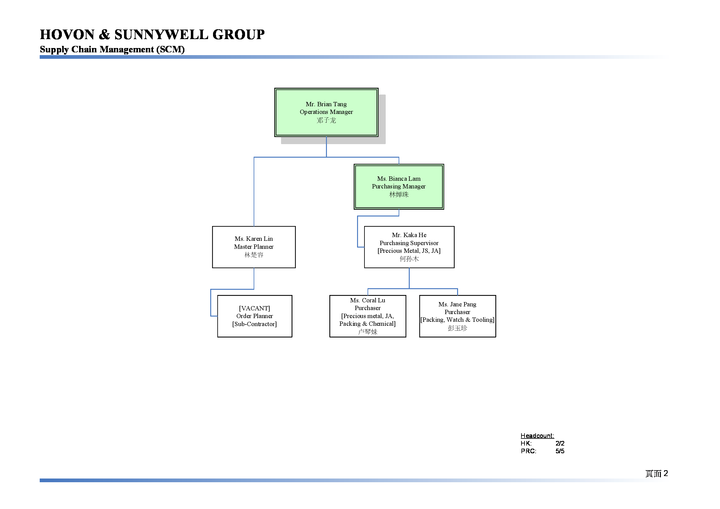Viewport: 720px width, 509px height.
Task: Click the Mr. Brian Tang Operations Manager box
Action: pos(326,112)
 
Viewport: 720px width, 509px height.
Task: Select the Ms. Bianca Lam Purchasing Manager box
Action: pos(399,187)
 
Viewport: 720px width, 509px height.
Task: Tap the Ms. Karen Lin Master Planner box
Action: pos(254,247)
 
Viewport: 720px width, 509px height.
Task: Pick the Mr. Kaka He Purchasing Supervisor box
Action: pos(409,247)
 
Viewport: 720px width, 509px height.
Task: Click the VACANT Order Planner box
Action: pos(255,316)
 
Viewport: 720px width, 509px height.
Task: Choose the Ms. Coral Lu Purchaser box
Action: pos(368,316)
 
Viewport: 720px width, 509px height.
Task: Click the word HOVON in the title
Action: pos(67,34)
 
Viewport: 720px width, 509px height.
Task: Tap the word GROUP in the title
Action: pos(238,34)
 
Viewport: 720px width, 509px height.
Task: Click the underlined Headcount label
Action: pos(537,436)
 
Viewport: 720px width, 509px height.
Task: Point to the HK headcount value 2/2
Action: pos(560,443)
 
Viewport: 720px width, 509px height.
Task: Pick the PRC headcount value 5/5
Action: pos(560,451)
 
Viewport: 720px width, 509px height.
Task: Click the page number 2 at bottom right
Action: pos(666,473)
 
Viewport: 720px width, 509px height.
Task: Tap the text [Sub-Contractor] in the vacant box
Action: pos(255,324)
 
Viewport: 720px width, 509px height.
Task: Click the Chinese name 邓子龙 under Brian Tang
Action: pos(326,120)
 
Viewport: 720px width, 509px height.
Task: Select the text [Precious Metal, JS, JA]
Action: pos(409,251)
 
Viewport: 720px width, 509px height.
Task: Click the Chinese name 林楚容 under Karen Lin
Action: pos(254,255)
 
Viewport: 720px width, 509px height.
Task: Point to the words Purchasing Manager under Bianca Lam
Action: pos(399,187)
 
